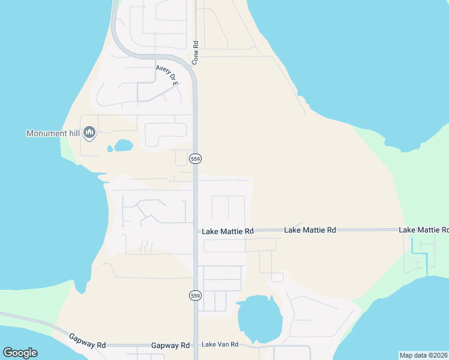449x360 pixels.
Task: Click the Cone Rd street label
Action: pos(195,53)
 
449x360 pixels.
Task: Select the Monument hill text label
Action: pos(53,133)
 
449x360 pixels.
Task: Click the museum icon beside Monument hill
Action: pos(89,133)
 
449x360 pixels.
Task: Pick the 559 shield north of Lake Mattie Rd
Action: pos(195,158)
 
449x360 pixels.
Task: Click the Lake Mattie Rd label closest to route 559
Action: pos(228,231)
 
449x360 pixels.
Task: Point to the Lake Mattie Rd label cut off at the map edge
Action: pos(424,230)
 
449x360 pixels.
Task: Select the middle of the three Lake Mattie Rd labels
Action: pos(310,230)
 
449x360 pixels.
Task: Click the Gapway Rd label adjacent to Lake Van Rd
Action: pos(170,346)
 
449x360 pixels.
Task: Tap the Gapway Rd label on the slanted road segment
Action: pos(87,341)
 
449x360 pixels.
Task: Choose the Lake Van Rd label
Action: pos(220,344)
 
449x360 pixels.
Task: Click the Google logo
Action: pos(20,353)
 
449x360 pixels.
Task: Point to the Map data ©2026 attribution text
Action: pos(423,355)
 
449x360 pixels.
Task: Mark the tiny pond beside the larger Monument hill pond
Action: pos(110,149)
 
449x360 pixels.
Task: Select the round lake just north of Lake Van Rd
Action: pos(259,319)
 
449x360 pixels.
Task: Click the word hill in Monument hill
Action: pos(72,133)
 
